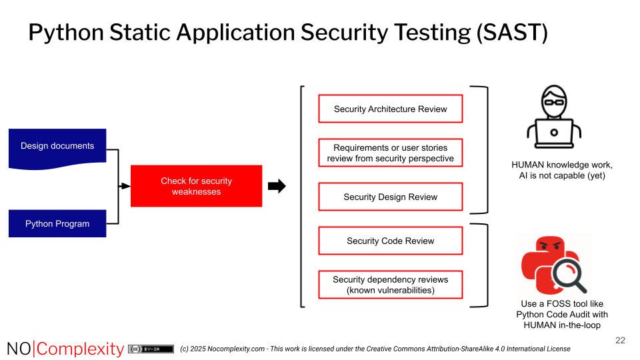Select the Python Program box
57,223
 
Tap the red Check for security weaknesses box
196,186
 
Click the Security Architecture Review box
390,109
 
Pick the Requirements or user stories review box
390,153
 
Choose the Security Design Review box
390,197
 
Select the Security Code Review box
390,241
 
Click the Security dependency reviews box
390,285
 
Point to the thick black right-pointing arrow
277,187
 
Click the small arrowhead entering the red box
125,186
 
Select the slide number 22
620,341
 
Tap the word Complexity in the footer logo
81,349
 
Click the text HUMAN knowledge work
561,165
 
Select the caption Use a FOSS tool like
562,304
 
